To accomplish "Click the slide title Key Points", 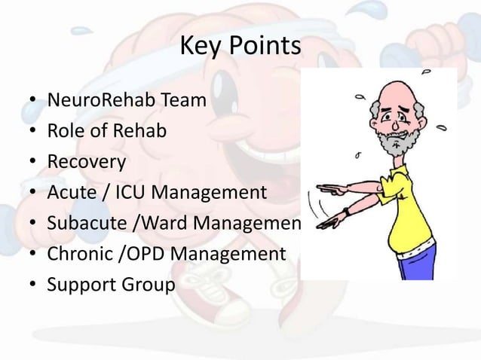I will pyautogui.click(x=240, y=48).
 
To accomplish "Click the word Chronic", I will pyautogui.click(x=78, y=255).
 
